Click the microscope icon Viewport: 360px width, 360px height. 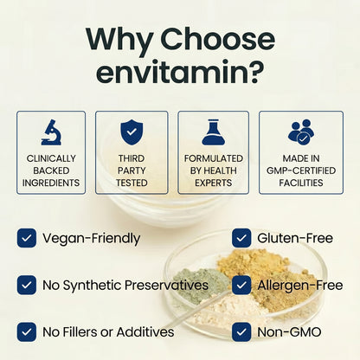tap(51, 132)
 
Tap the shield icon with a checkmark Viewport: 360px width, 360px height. tap(132, 132)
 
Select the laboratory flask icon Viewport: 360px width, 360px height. tap(213, 132)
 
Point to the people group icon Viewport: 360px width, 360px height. tap(301, 132)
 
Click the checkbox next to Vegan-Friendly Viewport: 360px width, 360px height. tap(27, 238)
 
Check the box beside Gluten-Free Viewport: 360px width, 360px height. tap(241, 238)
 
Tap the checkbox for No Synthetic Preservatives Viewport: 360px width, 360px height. tap(27, 285)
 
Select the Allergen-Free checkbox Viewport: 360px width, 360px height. tap(241, 285)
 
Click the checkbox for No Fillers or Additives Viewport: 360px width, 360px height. tap(27, 332)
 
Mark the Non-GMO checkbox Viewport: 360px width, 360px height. tap(241, 332)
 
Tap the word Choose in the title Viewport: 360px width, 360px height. tap(217, 39)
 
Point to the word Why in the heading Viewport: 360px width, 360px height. tap(119, 41)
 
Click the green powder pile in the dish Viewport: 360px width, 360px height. tap(202, 284)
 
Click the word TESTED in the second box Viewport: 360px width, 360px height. tap(132, 183)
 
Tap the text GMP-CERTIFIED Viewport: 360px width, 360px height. tap(301, 170)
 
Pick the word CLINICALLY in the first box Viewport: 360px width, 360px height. tap(51, 158)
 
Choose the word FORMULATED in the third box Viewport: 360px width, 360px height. tap(214, 158)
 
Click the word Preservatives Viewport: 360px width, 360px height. tap(166, 285)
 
